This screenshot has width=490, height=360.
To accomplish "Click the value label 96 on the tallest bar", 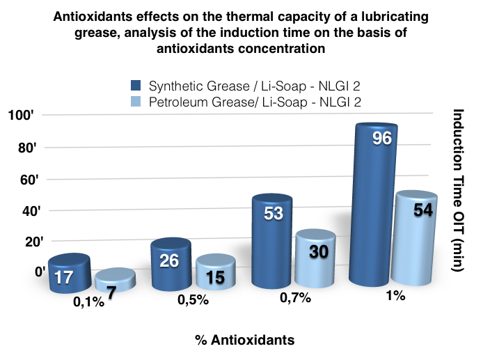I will coord(382,139).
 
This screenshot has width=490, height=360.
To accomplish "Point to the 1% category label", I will coord(395,295).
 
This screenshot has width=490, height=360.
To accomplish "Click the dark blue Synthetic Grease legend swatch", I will coord(136,86).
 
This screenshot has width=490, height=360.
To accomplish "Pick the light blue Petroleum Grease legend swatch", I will coord(136,102).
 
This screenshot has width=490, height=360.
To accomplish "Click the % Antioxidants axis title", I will coord(244,340).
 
